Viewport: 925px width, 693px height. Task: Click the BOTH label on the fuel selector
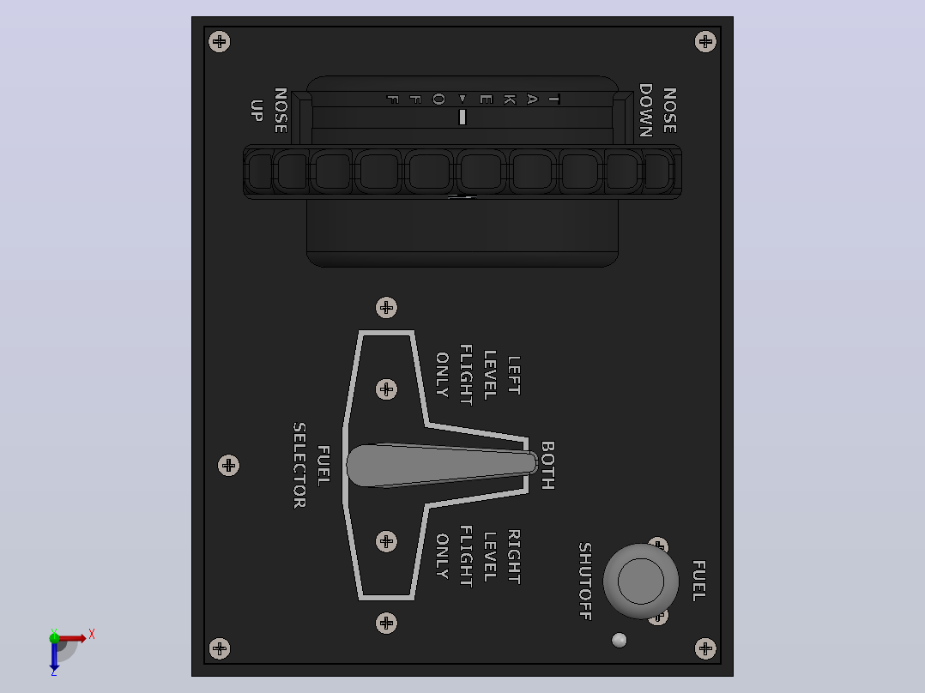[x=548, y=466]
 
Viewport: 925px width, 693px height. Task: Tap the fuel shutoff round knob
[x=641, y=581]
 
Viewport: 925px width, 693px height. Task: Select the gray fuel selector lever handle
[x=442, y=466]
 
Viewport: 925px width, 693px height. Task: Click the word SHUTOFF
[x=585, y=582]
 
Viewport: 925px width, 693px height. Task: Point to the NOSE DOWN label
[x=658, y=111]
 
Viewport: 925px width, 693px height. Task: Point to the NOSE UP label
[x=269, y=111]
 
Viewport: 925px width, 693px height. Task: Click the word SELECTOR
[x=299, y=466]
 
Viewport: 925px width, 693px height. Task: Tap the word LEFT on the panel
[x=515, y=375]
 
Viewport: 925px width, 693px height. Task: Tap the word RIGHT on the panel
[x=515, y=557]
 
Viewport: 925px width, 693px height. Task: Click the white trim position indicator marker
[x=462, y=117]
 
